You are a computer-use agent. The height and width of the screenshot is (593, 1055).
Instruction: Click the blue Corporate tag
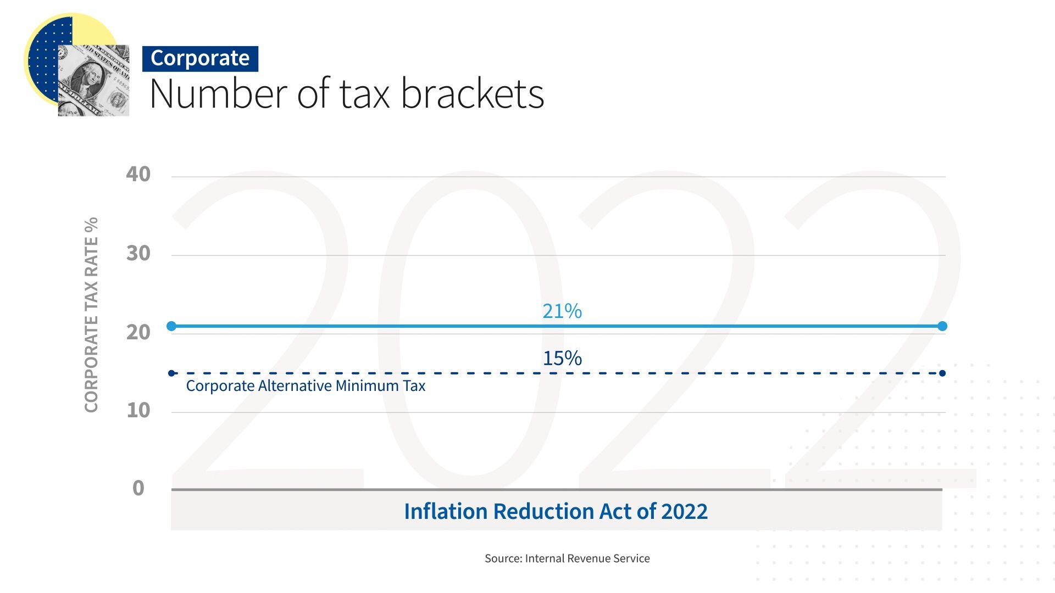(x=200, y=58)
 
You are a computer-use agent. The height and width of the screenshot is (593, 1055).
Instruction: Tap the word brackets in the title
(x=473, y=93)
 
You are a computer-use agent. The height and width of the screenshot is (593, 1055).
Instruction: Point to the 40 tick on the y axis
(x=138, y=174)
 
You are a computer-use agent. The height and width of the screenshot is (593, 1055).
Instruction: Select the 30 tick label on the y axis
(x=138, y=253)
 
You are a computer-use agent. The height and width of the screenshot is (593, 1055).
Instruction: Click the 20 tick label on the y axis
(x=138, y=332)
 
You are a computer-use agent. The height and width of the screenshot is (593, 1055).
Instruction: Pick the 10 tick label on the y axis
(x=138, y=410)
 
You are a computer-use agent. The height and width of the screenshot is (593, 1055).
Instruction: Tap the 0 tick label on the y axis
(x=138, y=488)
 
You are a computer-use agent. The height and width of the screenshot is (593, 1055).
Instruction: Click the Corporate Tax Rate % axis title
(x=91, y=315)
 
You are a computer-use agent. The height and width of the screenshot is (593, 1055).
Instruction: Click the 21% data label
(x=562, y=311)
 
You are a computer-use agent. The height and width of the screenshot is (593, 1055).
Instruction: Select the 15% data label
(x=562, y=358)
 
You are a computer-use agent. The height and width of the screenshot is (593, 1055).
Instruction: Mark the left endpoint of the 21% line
(x=171, y=326)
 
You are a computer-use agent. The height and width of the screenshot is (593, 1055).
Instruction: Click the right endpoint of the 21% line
(x=942, y=326)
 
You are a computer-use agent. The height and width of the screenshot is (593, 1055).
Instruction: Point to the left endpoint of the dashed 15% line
(x=171, y=373)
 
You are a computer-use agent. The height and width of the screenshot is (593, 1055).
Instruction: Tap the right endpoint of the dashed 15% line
(x=942, y=373)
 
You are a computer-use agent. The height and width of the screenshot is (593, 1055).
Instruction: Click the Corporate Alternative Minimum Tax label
(x=306, y=385)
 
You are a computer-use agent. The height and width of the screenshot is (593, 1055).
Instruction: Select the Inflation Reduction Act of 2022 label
(x=556, y=511)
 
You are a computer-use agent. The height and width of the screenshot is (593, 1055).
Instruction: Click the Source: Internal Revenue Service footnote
(x=567, y=558)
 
